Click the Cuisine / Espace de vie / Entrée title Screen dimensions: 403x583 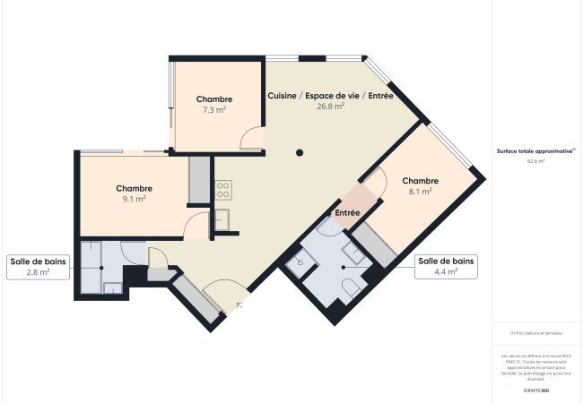point(330,96)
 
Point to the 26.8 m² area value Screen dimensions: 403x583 point(330,107)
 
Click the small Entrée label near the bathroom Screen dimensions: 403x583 point(347,213)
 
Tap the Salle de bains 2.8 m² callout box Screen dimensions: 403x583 point(37,267)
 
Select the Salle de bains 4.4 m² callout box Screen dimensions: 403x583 point(446,267)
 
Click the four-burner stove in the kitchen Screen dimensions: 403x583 point(223,189)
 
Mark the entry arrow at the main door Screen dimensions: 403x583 point(239,306)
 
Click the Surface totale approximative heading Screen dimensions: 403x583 point(536,152)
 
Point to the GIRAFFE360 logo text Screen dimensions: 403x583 point(536,391)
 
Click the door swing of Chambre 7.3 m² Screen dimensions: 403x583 point(253,139)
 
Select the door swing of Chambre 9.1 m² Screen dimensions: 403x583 point(196,225)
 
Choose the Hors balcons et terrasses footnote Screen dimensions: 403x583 point(536,333)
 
